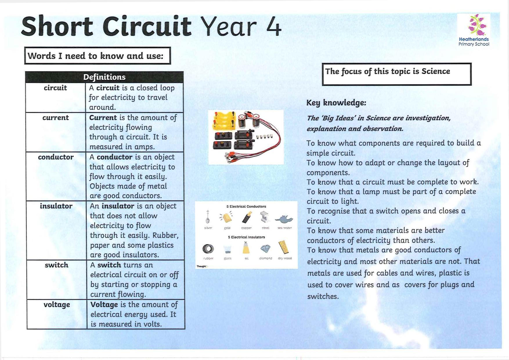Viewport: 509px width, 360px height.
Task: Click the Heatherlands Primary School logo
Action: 474,30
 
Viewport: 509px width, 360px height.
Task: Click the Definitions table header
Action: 104,77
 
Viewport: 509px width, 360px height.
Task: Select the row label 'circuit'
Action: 55,88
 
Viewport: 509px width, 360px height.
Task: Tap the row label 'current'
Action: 55,118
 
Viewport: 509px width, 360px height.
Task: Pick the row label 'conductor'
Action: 56,157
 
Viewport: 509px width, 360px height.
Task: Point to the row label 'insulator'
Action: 56,206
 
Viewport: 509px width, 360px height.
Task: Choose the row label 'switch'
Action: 56,265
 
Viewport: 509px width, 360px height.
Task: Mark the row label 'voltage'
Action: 57,305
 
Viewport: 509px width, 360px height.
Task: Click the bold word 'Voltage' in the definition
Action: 104,305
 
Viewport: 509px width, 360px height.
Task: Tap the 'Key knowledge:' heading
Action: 336,102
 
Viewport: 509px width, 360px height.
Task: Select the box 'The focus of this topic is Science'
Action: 396,74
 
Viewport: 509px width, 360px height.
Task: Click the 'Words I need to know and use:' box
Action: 98,56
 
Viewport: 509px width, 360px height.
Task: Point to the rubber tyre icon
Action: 208,249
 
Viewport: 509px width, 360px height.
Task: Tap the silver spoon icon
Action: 208,217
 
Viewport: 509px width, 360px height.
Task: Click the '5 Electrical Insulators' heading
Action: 246,237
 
